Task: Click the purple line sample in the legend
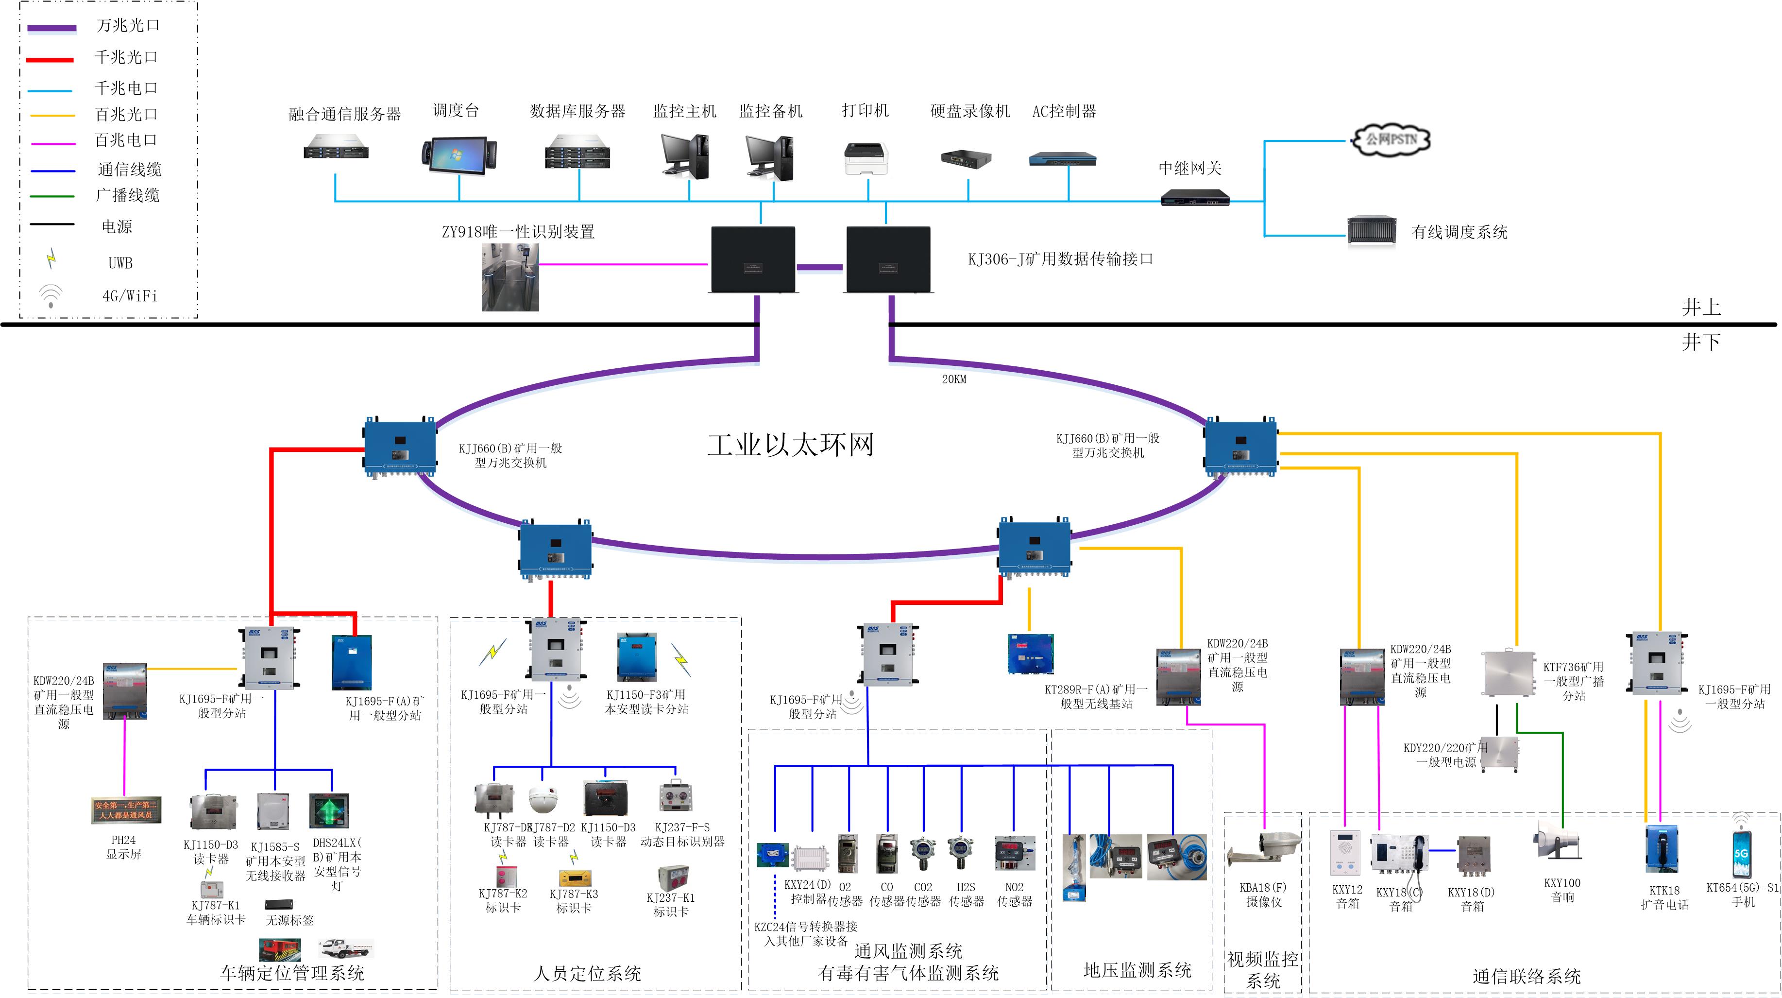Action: pyautogui.click(x=52, y=28)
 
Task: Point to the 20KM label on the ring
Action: pyautogui.click(x=953, y=379)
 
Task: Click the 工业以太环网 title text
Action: pyautogui.click(x=790, y=444)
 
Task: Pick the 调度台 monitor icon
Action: pyautogui.click(x=458, y=155)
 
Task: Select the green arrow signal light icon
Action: pyautogui.click(x=329, y=810)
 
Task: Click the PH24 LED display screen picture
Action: pyautogui.click(x=126, y=810)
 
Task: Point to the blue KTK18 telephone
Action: pyautogui.click(x=1663, y=848)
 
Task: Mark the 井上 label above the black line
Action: pyautogui.click(x=1701, y=307)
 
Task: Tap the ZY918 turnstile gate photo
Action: pyautogui.click(x=510, y=277)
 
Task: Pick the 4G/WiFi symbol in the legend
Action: pyautogui.click(x=51, y=295)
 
